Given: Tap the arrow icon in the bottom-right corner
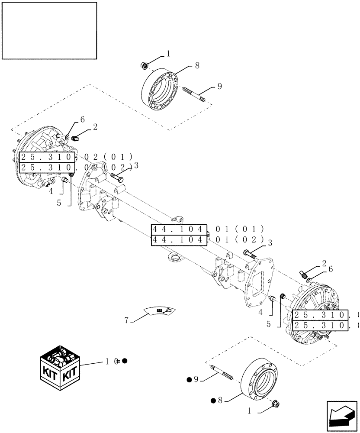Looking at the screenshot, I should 341,417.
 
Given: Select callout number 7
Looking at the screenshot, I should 127,320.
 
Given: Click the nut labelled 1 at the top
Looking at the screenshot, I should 144,66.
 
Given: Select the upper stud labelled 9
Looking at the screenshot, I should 193,93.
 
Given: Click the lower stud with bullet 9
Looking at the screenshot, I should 222,373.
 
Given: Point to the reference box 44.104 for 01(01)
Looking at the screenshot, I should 179,229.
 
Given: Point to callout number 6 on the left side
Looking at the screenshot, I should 83,119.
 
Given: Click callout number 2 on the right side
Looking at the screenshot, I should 324,262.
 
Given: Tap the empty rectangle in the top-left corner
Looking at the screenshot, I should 49,30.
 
